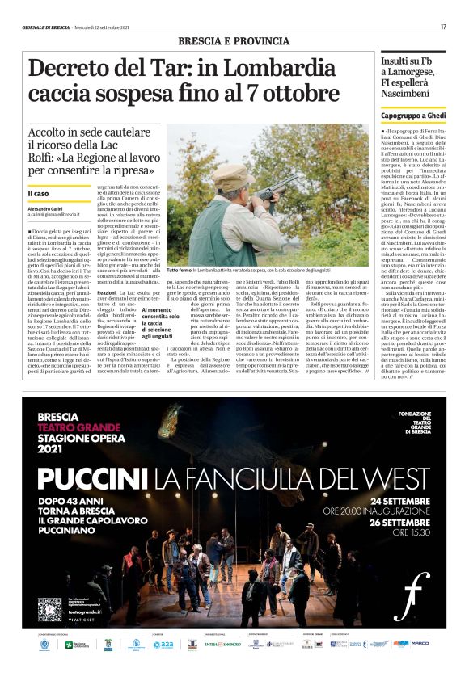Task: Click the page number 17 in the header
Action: pyautogui.click(x=444, y=28)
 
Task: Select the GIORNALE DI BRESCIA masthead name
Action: pyautogui.click(x=48, y=28)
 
